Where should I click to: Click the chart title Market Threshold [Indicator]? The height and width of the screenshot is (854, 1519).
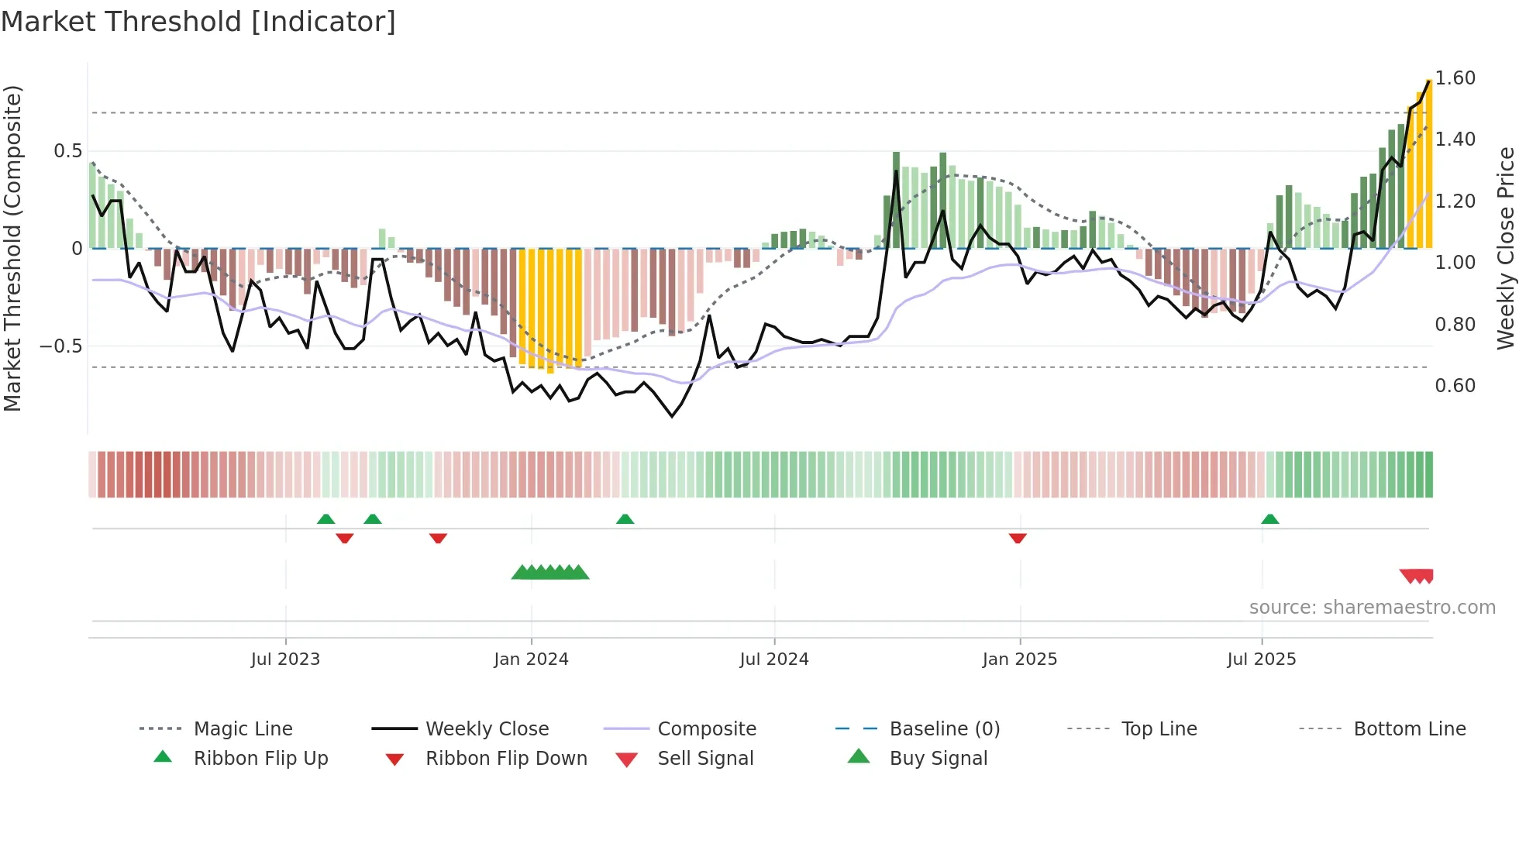(x=198, y=22)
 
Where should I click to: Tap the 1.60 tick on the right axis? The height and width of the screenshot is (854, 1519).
(x=1455, y=78)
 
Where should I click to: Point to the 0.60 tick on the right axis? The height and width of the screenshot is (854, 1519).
(x=1455, y=386)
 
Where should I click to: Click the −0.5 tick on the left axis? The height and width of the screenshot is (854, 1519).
(x=61, y=346)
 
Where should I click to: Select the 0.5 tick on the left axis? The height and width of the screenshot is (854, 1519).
(x=67, y=151)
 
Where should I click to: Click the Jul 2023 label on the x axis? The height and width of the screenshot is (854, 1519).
(x=285, y=659)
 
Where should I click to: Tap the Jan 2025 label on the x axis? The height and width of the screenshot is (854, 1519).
(x=1019, y=659)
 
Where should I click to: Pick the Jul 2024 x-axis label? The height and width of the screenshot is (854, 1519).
(x=773, y=659)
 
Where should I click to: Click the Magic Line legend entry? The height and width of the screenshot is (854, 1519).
(x=243, y=729)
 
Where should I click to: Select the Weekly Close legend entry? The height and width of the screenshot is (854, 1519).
(x=487, y=729)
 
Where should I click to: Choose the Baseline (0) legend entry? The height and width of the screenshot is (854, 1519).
(x=944, y=729)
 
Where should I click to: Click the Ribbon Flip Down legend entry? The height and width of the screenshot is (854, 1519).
(x=506, y=759)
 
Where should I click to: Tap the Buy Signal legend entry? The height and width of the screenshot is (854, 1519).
(x=938, y=759)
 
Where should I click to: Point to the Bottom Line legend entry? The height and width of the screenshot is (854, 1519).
(x=1409, y=729)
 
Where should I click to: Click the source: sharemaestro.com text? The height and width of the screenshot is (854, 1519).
(x=1372, y=608)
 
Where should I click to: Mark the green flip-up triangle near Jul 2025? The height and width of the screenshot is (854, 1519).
(x=1269, y=519)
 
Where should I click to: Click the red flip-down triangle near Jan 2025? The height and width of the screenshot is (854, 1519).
(x=1018, y=538)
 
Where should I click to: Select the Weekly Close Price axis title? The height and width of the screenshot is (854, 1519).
(x=1505, y=248)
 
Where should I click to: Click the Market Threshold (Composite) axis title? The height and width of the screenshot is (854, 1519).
(x=12, y=248)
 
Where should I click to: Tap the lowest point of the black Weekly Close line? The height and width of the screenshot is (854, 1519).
(x=672, y=417)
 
